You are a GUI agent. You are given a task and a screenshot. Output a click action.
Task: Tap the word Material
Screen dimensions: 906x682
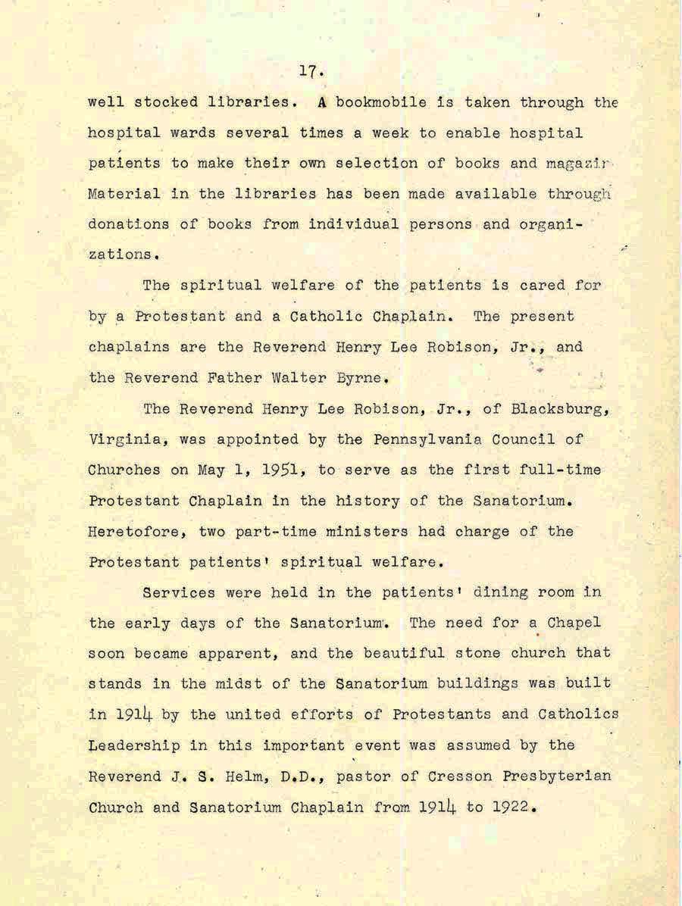[124, 194]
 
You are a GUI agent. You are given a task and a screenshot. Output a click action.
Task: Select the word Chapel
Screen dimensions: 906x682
[574, 623]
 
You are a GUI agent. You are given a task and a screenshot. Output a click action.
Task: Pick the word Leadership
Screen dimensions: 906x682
[134, 745]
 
